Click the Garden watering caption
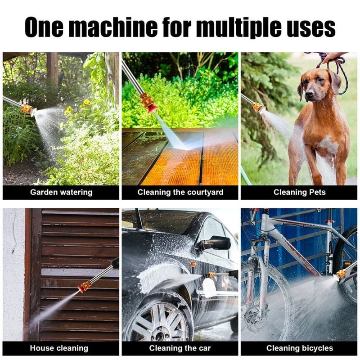pos(61,192)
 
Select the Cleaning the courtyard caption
pos(180,192)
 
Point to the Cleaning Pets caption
pos(299,192)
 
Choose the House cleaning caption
pos(59,348)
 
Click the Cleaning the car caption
pos(180,348)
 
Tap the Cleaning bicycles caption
pos(300,348)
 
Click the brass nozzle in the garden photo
pos(28,109)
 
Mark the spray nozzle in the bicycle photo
pos(341,273)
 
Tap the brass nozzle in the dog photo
pos(257,107)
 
